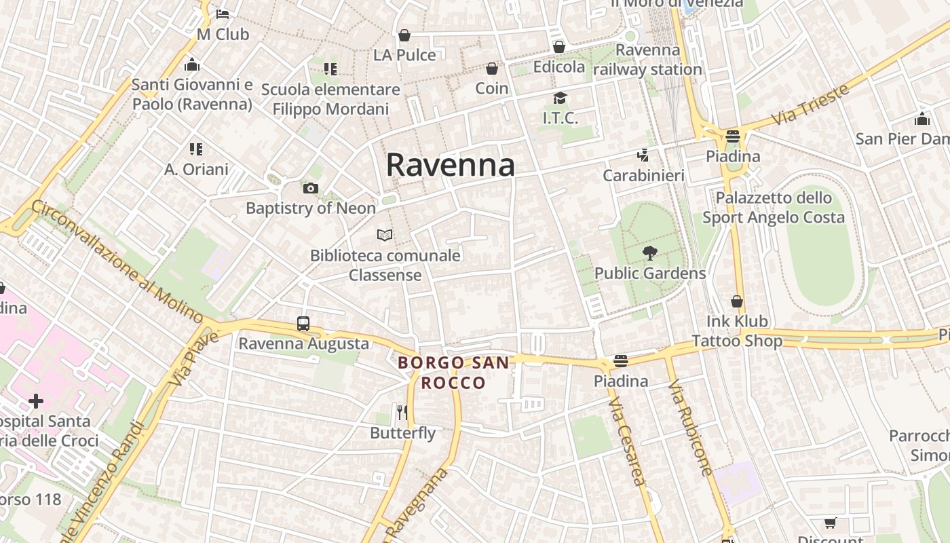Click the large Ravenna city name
click(x=450, y=165)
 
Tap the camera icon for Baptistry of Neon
click(x=311, y=188)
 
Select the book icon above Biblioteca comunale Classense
click(x=385, y=235)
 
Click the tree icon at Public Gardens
click(x=650, y=253)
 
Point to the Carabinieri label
click(x=644, y=176)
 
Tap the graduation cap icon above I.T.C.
click(x=560, y=98)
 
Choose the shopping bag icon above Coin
click(x=492, y=69)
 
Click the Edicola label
click(x=559, y=67)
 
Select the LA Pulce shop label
click(x=404, y=55)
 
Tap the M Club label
click(x=223, y=34)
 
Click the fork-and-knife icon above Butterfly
click(x=402, y=412)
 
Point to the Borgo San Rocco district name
click(x=453, y=372)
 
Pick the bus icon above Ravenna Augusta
click(x=303, y=324)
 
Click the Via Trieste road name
click(x=811, y=104)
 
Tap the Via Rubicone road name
click(x=690, y=428)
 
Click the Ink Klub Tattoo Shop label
click(x=737, y=331)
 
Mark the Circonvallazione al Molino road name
click(x=117, y=261)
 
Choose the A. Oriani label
click(x=196, y=169)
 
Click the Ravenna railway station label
click(x=648, y=60)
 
